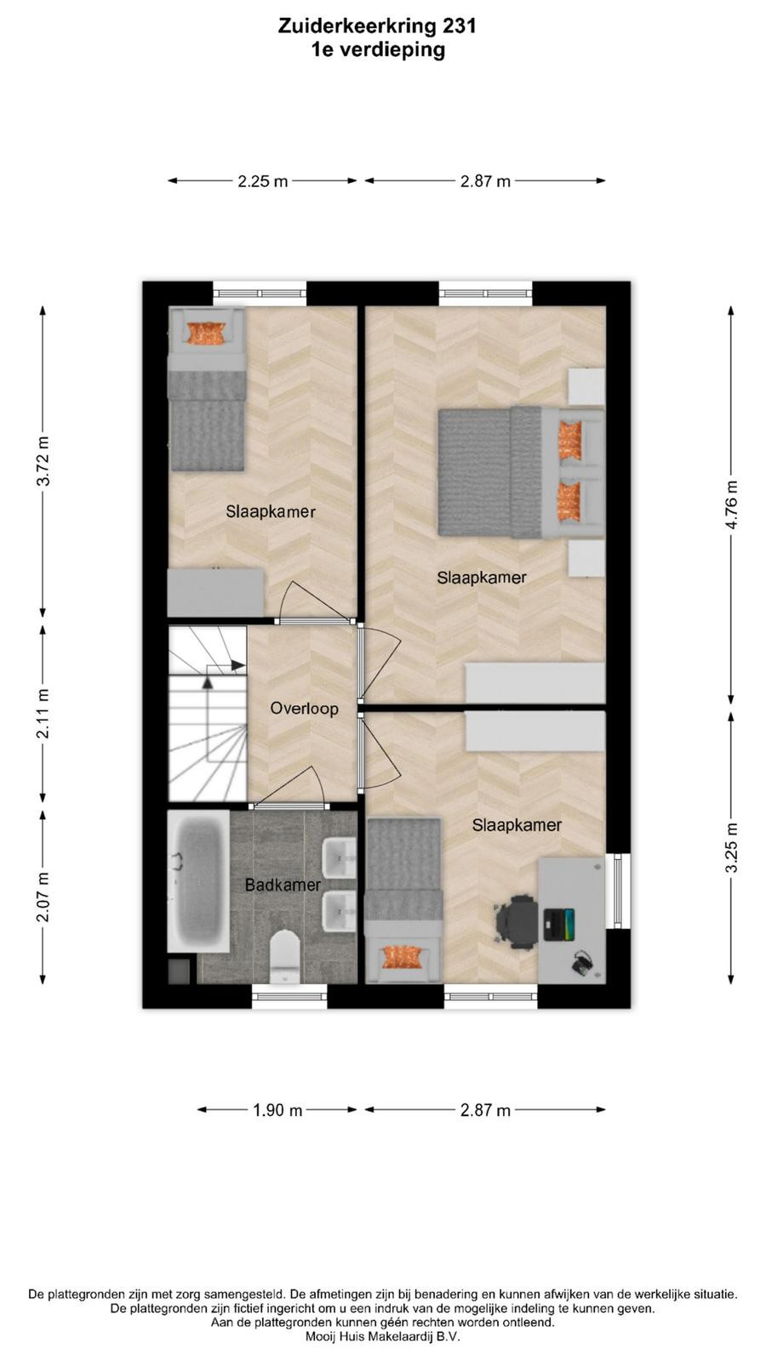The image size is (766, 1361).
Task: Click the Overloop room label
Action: [x=304, y=709]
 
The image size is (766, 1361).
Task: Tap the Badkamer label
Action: [x=282, y=885]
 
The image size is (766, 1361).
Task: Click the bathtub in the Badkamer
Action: [x=198, y=880]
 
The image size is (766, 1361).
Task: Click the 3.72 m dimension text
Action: [x=43, y=461]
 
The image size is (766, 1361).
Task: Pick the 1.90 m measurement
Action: [x=277, y=1110]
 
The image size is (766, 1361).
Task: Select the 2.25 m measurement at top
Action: [x=263, y=181]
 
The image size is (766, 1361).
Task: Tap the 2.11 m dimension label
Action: [x=43, y=714]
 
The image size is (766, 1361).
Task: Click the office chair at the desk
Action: [x=517, y=921]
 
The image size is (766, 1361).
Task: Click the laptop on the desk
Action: [x=558, y=924]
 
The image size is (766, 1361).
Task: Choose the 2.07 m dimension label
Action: [x=43, y=897]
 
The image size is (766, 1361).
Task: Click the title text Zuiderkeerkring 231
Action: [x=378, y=26]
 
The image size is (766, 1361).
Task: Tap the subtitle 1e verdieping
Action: [x=378, y=50]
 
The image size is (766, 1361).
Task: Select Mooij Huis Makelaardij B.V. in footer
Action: [x=383, y=1336]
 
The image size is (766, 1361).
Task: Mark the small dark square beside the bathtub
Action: [x=179, y=971]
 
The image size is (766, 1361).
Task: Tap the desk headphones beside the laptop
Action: [x=582, y=963]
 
